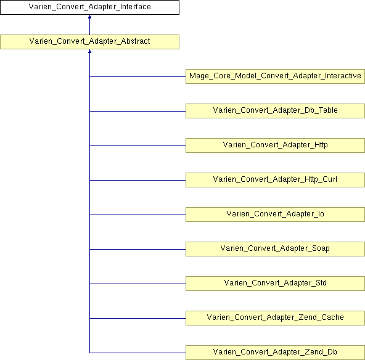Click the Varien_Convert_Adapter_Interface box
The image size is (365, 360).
click(x=89, y=7)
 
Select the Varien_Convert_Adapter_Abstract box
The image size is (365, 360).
click(x=89, y=42)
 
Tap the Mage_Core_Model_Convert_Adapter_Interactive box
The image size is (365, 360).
click(x=275, y=76)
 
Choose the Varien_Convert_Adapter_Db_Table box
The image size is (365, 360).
click(x=275, y=111)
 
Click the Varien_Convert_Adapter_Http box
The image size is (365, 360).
click(x=275, y=145)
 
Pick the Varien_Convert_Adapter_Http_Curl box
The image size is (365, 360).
click(x=275, y=180)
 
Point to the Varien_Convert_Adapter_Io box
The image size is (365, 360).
click(x=275, y=215)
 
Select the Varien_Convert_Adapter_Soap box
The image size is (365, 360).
click(x=275, y=249)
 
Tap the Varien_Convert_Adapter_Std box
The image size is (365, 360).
click(x=275, y=284)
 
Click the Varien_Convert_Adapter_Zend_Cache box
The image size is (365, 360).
click(x=275, y=318)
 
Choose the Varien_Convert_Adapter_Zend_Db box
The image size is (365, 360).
click(x=275, y=353)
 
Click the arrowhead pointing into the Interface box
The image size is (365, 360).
click(x=89, y=17)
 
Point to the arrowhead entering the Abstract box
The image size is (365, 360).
click(x=89, y=51)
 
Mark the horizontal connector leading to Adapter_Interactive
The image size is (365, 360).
click(x=137, y=76)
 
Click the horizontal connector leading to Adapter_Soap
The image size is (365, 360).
click(x=137, y=249)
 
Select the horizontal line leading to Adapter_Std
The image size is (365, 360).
click(x=137, y=284)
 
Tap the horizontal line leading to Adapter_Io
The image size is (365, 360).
click(x=137, y=215)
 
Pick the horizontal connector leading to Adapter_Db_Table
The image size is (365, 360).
click(x=137, y=111)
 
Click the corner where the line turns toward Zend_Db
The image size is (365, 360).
click(x=89, y=353)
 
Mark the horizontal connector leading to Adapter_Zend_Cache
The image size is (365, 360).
click(x=137, y=318)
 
